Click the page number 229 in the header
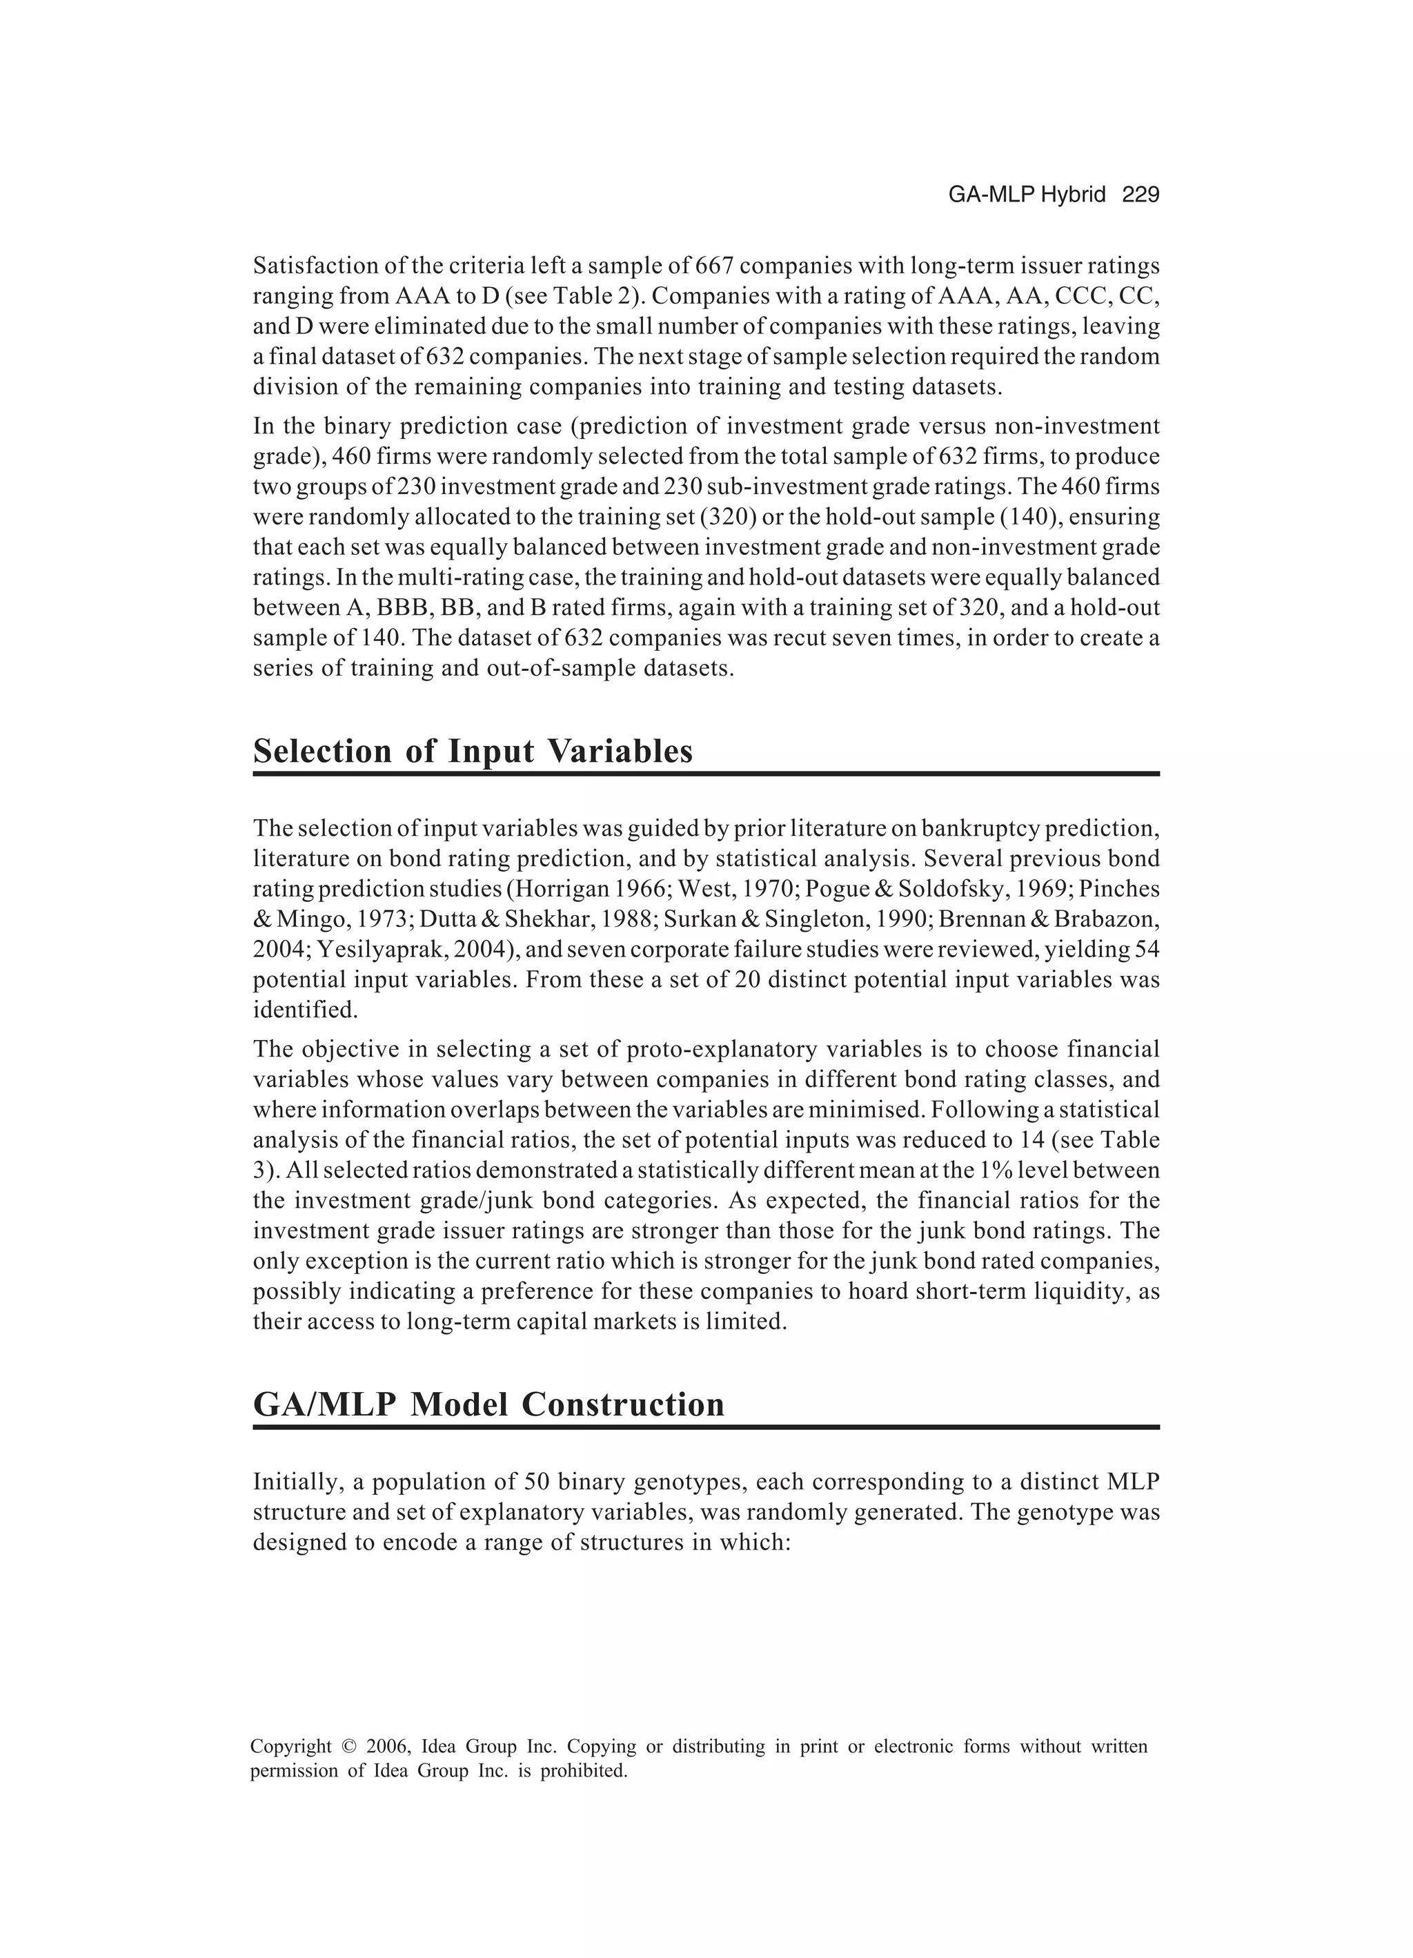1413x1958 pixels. (x=1140, y=195)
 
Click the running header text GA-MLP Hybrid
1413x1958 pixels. (x=1027, y=195)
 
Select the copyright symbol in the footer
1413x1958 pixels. (x=348, y=1747)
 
